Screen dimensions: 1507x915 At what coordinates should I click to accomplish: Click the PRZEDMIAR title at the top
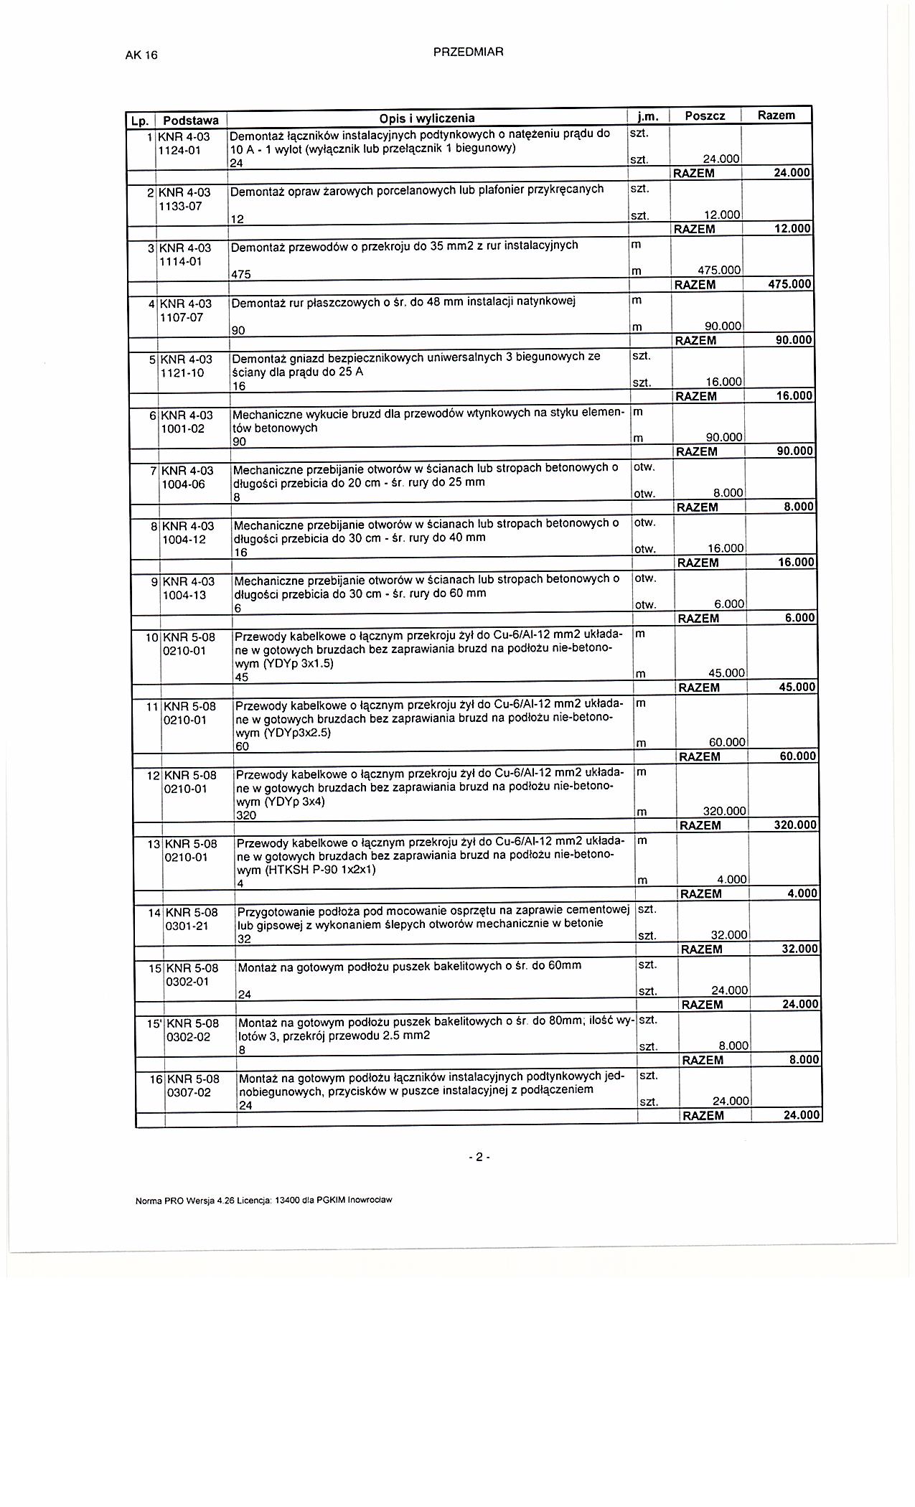(x=469, y=52)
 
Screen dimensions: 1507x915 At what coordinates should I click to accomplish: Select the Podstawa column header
(x=191, y=120)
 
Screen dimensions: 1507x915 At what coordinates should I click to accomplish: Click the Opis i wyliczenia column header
(x=427, y=118)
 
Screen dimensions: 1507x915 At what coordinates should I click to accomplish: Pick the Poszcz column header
(x=705, y=116)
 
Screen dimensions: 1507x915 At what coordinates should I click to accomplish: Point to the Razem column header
(x=776, y=115)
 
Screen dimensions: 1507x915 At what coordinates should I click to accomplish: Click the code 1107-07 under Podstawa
(x=181, y=317)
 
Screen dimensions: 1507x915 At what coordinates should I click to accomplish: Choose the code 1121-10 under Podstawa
(x=182, y=373)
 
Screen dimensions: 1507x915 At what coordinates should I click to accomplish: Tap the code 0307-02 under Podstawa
(x=189, y=1092)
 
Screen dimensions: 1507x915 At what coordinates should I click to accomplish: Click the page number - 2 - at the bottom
(x=478, y=1157)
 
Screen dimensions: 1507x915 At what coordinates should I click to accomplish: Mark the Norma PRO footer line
(x=263, y=1199)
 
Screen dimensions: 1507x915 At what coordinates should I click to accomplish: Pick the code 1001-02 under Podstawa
(x=184, y=428)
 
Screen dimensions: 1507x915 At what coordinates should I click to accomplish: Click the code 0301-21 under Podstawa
(x=187, y=926)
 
